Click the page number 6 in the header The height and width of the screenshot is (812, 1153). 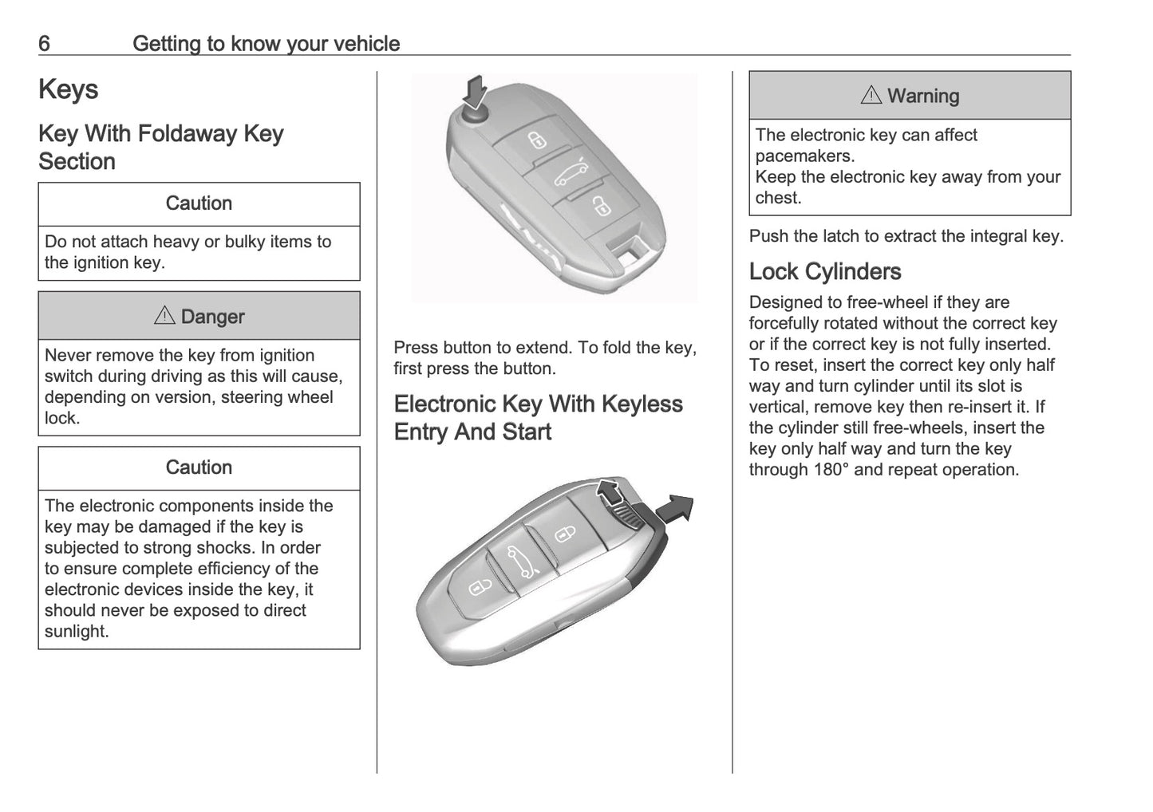[44, 43]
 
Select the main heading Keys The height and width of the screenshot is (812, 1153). [69, 89]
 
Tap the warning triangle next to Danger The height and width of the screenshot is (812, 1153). [164, 316]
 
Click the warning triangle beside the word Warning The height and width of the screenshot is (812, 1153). [871, 96]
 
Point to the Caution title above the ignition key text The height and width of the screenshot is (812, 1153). [199, 203]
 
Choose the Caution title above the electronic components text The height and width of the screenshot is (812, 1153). [199, 467]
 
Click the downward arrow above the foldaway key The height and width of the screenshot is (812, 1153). [476, 92]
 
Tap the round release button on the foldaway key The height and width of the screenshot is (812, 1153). [474, 115]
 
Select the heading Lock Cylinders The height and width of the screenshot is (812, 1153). [825, 271]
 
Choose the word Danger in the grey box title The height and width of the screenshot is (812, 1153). [212, 317]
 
